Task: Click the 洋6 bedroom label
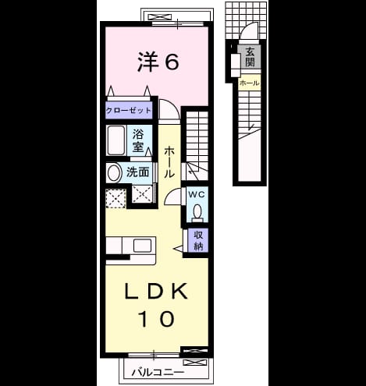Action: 158,62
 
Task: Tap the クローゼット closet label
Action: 129,111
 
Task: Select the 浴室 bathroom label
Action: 138,140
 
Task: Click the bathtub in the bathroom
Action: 116,140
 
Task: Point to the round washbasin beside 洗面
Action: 114,172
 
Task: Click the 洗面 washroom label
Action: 137,172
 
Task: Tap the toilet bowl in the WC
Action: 197,211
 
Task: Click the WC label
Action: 197,194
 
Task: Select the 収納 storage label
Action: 198,240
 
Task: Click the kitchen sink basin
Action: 142,246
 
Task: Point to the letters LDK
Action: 156,291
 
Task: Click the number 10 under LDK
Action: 156,319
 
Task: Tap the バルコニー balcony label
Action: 158,373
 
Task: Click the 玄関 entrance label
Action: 250,57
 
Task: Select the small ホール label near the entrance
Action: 250,83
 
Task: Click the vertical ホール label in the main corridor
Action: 169,162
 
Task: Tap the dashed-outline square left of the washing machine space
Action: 116,199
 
